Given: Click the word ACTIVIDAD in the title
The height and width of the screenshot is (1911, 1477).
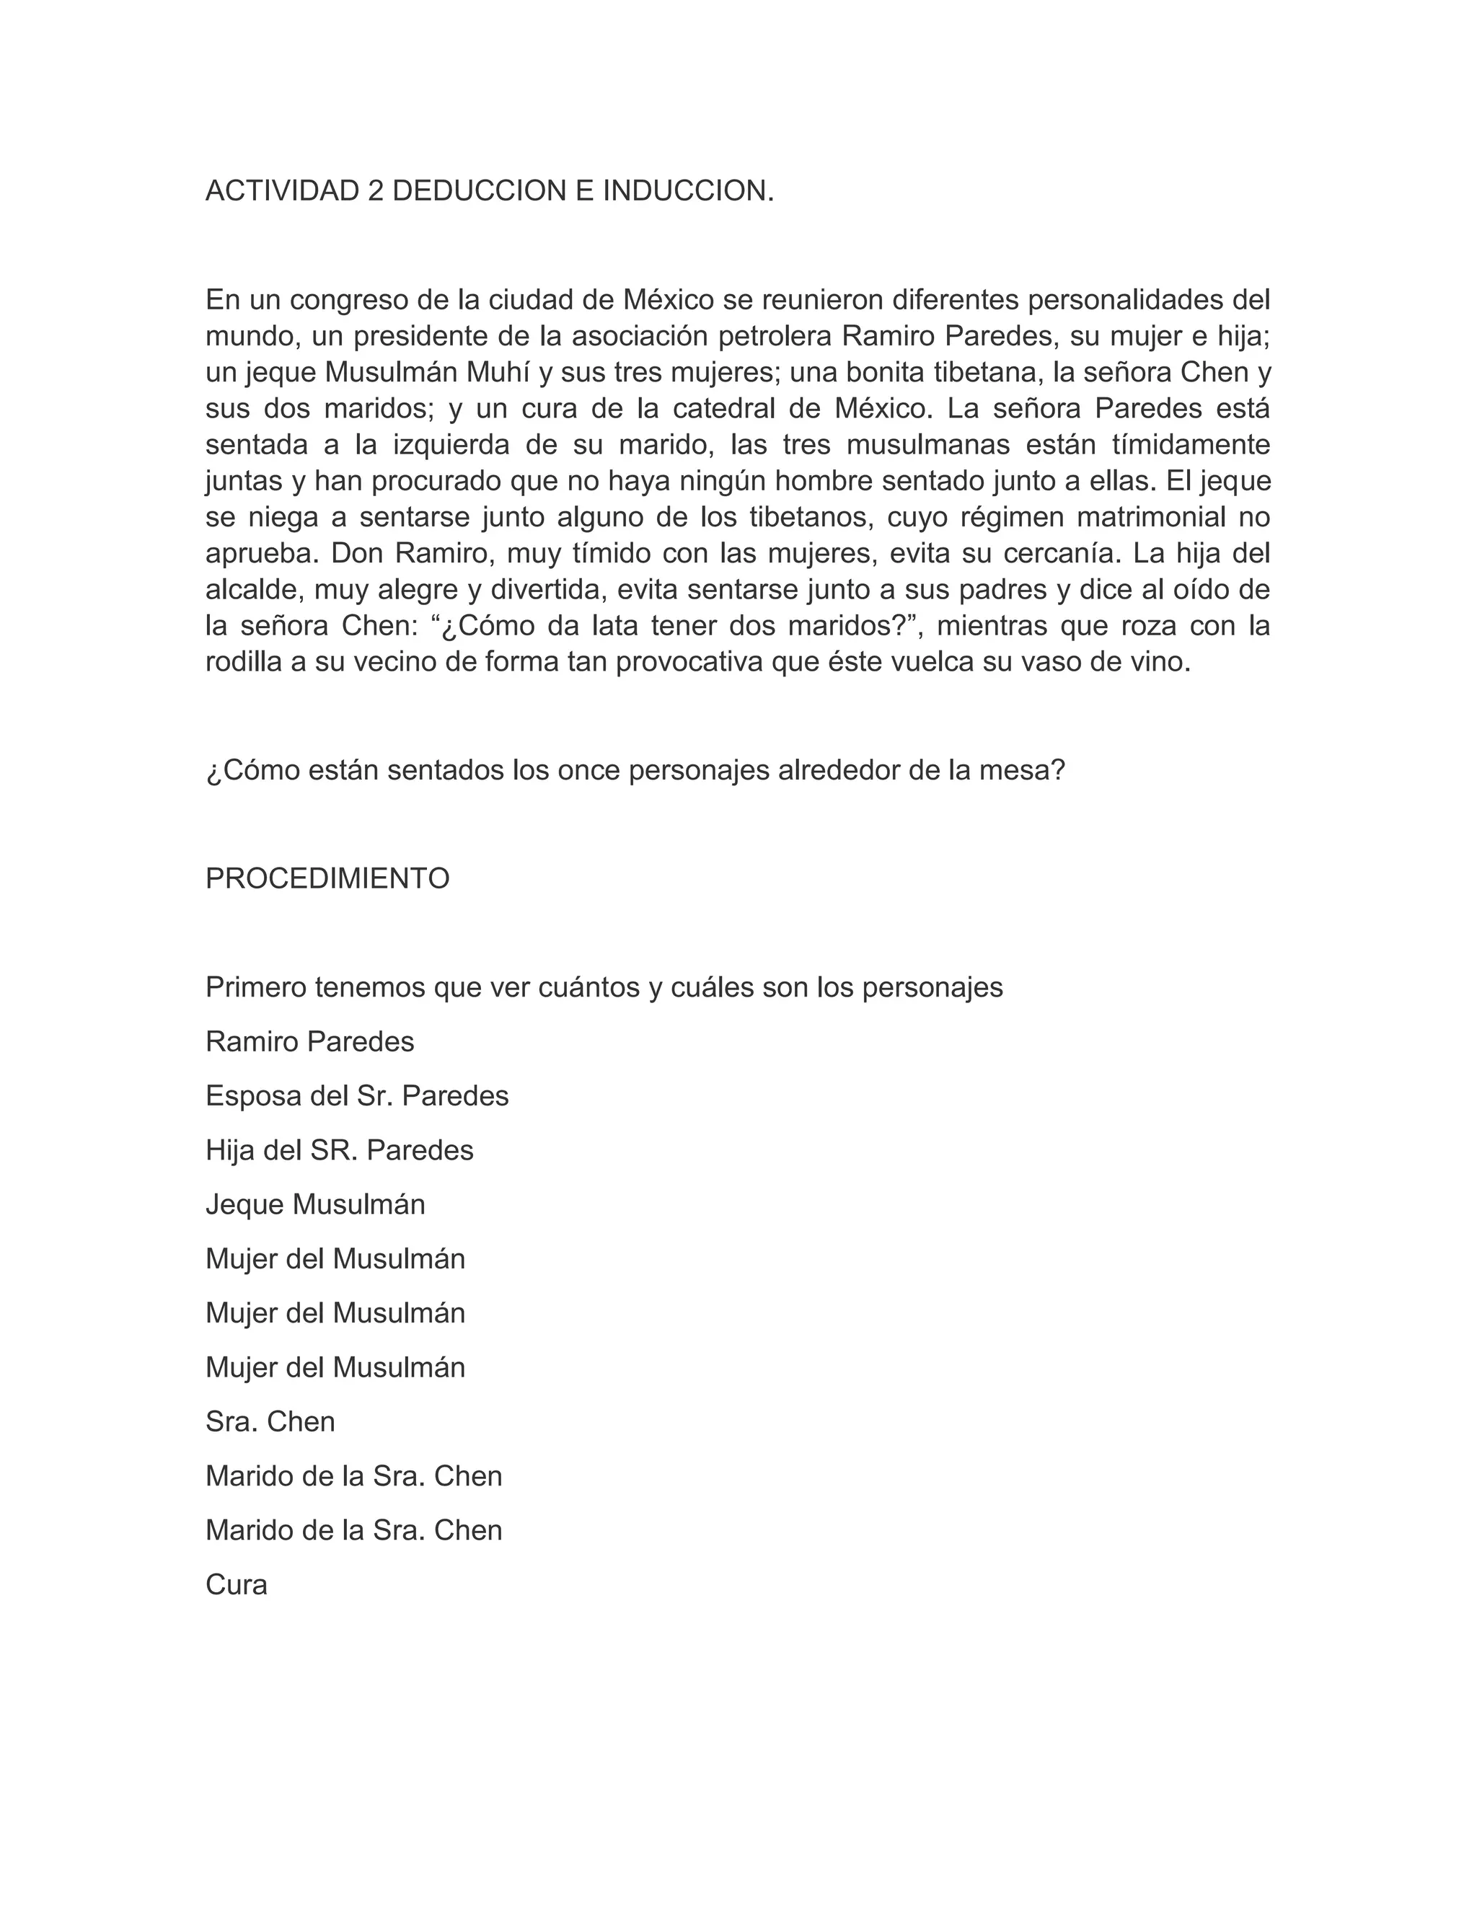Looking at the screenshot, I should [x=282, y=191].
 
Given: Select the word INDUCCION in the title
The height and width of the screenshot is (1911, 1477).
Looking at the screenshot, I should [x=688, y=191].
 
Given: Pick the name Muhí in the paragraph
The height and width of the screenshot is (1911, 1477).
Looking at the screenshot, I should [x=498, y=373].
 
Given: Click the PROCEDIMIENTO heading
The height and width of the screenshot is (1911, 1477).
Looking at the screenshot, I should [x=327, y=878].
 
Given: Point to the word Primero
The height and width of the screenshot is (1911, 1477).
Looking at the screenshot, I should [x=255, y=988].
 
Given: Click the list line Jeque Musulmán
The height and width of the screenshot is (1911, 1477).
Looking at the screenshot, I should [x=315, y=1205].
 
